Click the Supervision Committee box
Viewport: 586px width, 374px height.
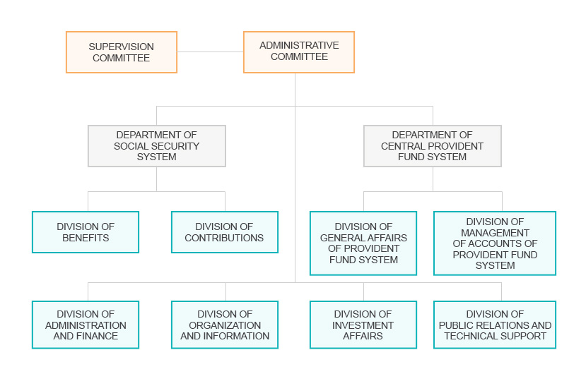point(122,52)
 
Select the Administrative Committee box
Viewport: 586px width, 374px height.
point(299,52)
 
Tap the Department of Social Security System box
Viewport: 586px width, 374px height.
point(157,146)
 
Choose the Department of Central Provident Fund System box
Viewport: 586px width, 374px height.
point(433,146)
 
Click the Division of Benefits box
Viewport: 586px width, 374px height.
point(86,232)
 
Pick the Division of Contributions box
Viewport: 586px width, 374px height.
point(225,232)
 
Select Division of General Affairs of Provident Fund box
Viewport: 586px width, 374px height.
point(363,243)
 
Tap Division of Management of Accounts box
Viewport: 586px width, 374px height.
point(495,243)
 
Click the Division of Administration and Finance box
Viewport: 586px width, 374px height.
point(86,325)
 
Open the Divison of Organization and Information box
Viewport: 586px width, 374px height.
point(225,325)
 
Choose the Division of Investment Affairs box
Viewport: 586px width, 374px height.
point(363,325)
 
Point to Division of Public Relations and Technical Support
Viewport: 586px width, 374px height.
point(495,325)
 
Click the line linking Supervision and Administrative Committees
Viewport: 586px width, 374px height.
point(211,52)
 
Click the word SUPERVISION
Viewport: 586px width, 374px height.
point(121,47)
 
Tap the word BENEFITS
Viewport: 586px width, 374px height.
point(86,238)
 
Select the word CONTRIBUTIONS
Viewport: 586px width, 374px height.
point(224,238)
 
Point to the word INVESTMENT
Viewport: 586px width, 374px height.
point(363,325)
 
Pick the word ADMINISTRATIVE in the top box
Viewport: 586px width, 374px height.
point(299,46)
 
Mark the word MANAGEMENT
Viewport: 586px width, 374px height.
point(495,233)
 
